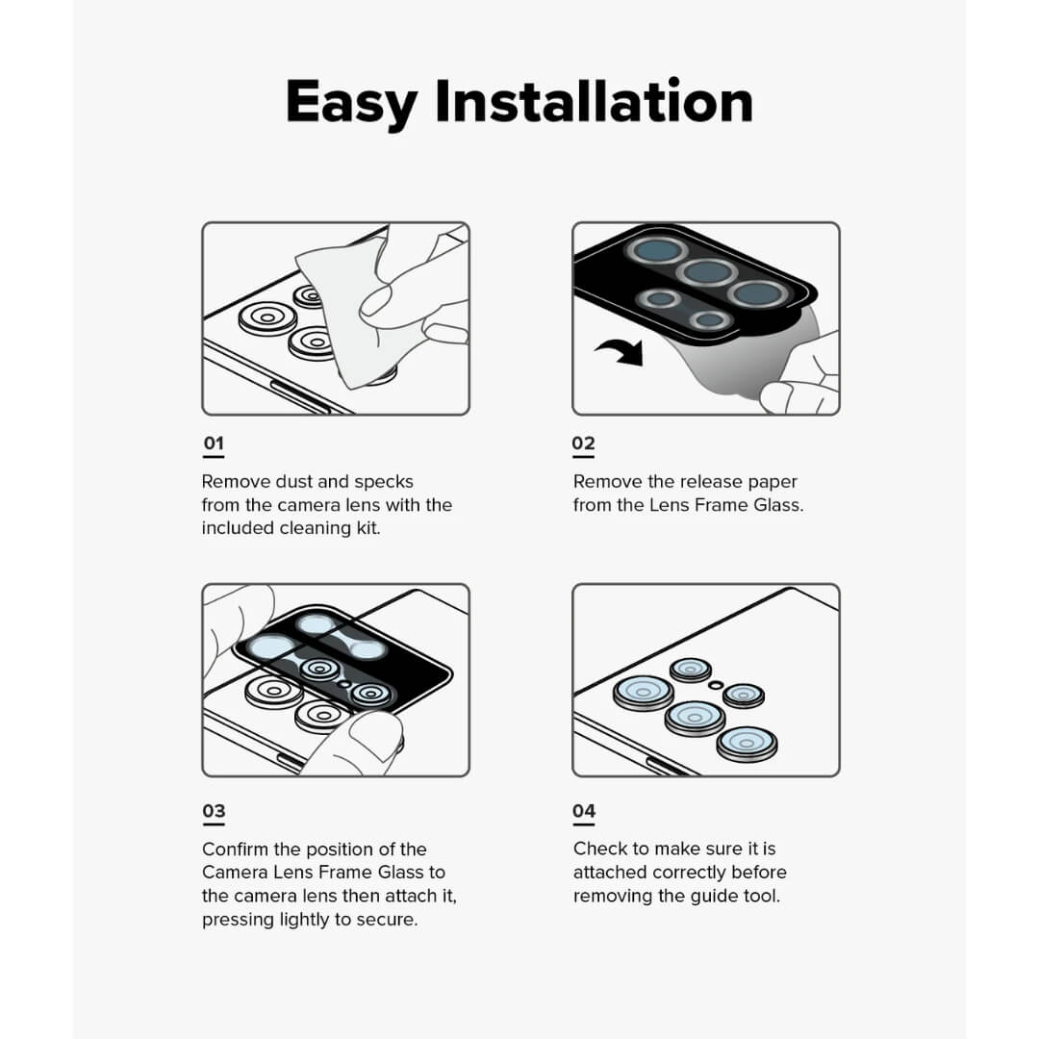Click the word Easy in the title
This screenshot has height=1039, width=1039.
click(353, 102)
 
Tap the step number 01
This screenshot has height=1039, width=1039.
click(213, 443)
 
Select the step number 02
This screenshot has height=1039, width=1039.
click(583, 443)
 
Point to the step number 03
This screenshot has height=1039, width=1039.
click(213, 811)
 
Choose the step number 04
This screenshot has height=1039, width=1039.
click(583, 811)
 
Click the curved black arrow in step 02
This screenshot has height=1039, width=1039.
click(620, 352)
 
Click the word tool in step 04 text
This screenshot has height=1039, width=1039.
click(762, 896)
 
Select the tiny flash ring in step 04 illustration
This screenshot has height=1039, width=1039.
click(715, 684)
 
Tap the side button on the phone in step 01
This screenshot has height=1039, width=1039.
click(297, 395)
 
